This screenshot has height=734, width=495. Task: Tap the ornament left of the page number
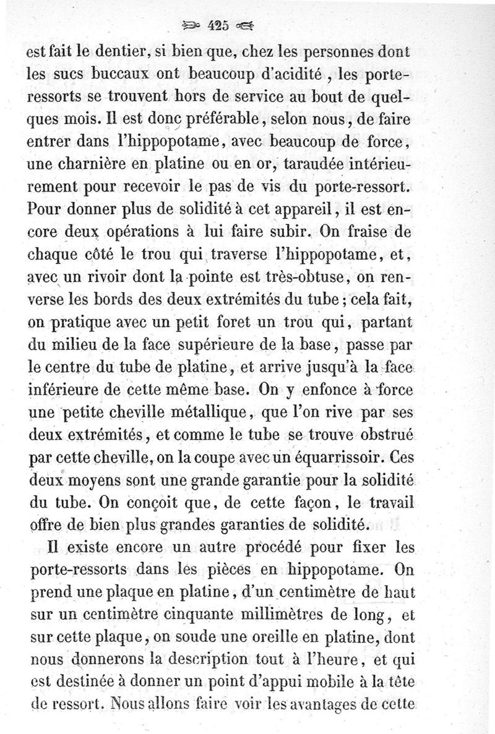pos(194,26)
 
